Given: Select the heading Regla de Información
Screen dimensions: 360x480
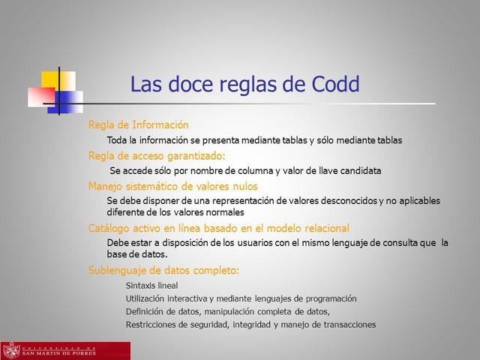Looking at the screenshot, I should coord(139,124).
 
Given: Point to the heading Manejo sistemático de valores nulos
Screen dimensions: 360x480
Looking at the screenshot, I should coord(173,186).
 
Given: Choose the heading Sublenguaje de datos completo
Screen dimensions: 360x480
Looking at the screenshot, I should coord(164,270).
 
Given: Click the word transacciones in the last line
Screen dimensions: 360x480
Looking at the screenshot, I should coord(345,325).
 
